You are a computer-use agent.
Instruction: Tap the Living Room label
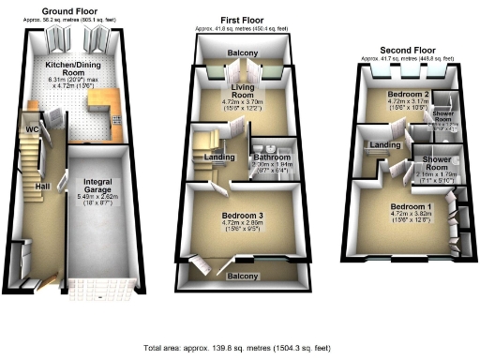[243, 90]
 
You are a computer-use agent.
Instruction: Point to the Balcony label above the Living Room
[243, 53]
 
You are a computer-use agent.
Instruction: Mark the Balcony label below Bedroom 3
[243, 277]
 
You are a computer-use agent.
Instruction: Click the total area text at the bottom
[239, 347]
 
